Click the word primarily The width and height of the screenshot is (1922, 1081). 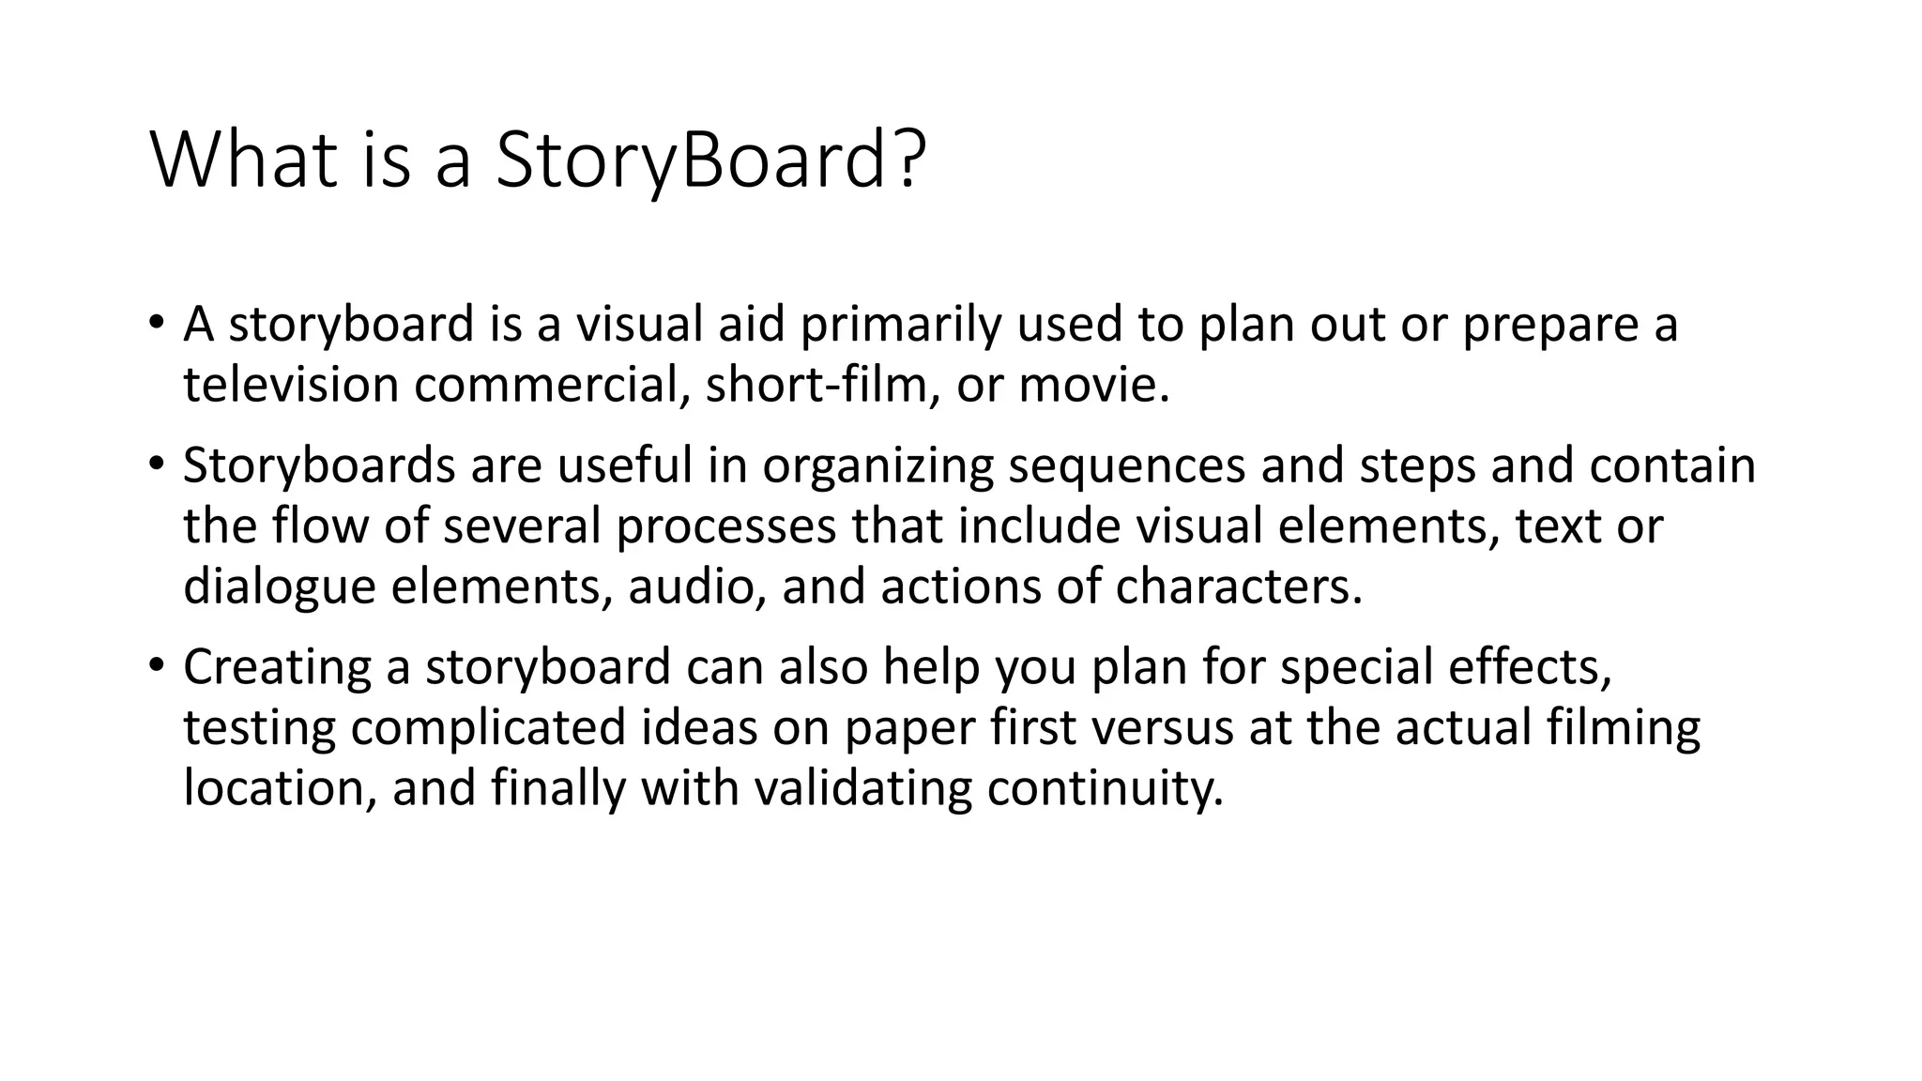pyautogui.click(x=901, y=325)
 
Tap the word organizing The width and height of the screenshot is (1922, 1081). pyautogui.click(x=877, y=466)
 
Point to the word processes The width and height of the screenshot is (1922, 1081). pyautogui.click(x=725, y=526)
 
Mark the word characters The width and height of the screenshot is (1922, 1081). pyautogui.click(x=1238, y=587)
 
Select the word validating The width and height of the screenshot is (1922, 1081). pyautogui.click(x=862, y=788)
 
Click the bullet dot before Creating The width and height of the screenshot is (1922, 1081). pyautogui.click(x=156, y=665)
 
